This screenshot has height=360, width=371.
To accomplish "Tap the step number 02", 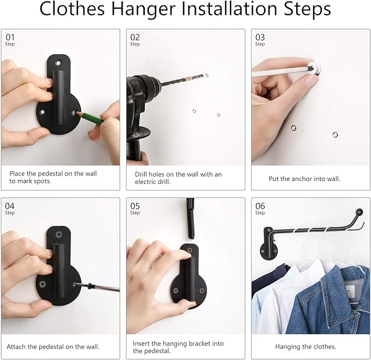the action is coord(135,37).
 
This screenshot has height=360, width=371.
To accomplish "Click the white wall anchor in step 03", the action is coord(315,68).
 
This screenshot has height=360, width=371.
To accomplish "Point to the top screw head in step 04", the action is coord(59,235).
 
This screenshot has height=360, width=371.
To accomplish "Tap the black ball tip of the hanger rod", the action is coord(359,212).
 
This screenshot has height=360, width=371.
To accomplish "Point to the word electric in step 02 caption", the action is coord(144,182).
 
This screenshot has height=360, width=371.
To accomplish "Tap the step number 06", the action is coord(260,206).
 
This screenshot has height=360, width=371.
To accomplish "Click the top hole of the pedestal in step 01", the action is coord(58,63).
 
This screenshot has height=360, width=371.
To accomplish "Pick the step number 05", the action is coord(135,206).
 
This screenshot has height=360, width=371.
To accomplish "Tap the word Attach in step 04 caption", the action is coord(16,347).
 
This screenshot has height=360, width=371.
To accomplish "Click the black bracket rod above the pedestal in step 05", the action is coord(190,218).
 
